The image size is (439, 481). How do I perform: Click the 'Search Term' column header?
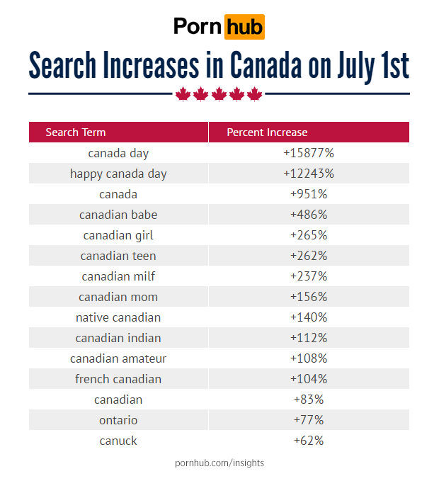76,132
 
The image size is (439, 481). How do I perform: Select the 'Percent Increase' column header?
267,132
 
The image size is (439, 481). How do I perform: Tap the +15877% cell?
308,153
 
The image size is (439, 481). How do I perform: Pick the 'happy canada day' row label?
118,174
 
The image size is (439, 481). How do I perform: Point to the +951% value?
308,194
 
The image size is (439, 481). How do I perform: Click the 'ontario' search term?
118,420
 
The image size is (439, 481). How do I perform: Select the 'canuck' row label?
118,441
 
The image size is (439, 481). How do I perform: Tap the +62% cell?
308,441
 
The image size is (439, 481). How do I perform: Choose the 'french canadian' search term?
118,379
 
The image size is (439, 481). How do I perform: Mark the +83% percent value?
308,400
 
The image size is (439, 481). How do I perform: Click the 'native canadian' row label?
118,317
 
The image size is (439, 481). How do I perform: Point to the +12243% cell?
308,174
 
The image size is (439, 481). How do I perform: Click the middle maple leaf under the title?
219,94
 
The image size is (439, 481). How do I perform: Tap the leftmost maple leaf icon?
183,94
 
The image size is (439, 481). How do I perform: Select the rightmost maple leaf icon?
255,94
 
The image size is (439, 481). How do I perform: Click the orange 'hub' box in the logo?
244,27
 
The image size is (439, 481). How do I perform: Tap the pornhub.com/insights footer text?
219,463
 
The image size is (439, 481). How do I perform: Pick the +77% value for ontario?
308,420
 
